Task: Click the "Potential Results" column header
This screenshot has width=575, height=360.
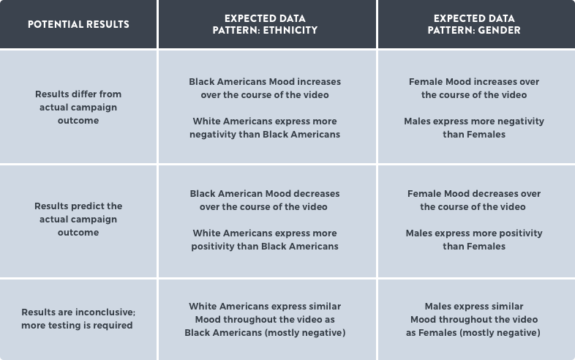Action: (78, 24)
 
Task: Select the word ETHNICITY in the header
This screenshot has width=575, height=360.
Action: (290, 30)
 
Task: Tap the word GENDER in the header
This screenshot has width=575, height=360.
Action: (499, 30)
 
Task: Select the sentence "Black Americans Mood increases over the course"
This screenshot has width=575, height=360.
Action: (265, 88)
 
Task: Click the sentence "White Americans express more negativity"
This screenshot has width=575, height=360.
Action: (265, 128)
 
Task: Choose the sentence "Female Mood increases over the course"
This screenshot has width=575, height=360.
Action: (474, 88)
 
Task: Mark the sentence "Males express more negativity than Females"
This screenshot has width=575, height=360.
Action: (474, 128)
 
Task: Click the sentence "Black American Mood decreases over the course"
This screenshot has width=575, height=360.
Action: (265, 200)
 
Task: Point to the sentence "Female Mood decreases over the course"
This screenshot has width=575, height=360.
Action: (474, 200)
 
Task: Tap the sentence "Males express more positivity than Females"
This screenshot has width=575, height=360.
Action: (474, 239)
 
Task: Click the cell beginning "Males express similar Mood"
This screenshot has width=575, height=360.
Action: (474, 319)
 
